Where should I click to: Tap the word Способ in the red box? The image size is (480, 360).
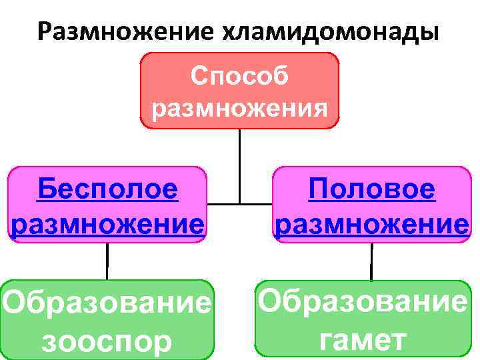point(239,76)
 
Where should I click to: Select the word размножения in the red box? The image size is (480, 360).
point(239,107)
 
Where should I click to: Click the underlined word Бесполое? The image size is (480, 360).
point(108,189)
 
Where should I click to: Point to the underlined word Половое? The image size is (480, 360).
point(372,189)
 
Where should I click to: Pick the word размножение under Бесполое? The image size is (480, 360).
point(108,223)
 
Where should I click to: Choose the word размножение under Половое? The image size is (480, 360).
point(372,223)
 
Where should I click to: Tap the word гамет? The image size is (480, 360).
point(362,340)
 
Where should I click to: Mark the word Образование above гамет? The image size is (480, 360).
point(362,303)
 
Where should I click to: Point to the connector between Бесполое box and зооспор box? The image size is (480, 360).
point(107,261)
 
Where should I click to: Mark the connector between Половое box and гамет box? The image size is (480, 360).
point(371,261)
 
